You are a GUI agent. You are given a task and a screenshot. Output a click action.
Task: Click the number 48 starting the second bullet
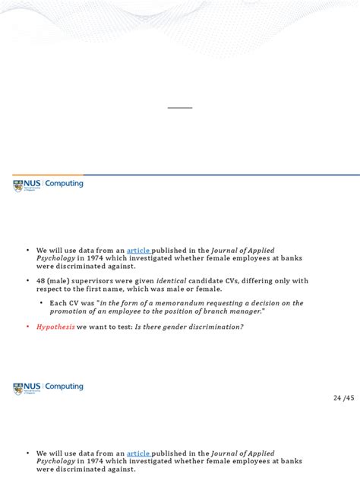tap(39, 280)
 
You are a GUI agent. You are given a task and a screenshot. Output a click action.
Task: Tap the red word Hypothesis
tap(55, 326)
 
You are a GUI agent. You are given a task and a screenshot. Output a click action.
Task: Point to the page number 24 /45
tap(343, 398)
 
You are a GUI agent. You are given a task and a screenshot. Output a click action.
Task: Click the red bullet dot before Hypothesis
tap(27, 326)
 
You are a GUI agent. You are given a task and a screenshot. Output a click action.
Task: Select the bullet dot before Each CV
tap(42, 303)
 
